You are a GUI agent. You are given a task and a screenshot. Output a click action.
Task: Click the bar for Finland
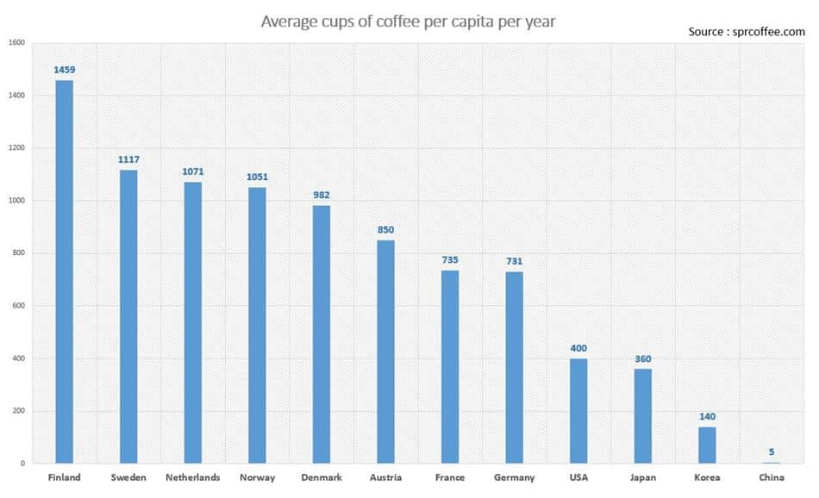(x=64, y=271)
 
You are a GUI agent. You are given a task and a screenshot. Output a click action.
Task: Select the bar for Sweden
(x=128, y=316)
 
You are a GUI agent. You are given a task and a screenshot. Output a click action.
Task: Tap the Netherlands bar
(x=192, y=322)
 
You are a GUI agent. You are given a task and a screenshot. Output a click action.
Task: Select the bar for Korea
(x=707, y=445)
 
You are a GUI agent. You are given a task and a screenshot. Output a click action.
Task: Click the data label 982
(x=321, y=196)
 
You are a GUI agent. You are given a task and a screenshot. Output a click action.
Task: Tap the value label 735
(x=450, y=260)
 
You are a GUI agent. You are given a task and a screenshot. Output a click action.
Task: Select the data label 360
(x=642, y=359)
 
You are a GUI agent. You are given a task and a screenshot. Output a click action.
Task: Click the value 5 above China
(x=772, y=451)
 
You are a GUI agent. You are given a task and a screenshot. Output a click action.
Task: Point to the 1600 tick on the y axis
(x=16, y=43)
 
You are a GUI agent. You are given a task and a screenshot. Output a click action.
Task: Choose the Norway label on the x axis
(x=256, y=477)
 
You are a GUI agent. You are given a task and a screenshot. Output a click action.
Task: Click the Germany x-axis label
(x=514, y=477)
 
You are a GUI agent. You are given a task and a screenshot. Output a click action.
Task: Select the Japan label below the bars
(x=642, y=477)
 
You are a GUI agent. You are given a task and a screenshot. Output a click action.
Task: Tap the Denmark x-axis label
(x=321, y=477)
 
